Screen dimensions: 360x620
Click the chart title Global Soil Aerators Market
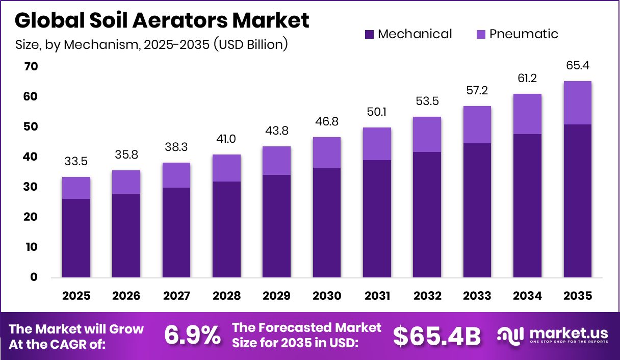click(x=162, y=21)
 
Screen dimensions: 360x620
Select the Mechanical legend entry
click(x=408, y=34)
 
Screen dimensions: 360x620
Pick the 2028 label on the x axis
click(x=227, y=296)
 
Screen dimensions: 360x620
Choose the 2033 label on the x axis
click(x=477, y=296)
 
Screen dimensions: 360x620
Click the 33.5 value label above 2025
click(x=76, y=162)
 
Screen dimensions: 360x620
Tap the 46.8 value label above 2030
click(x=327, y=122)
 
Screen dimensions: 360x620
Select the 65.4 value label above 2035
click(x=577, y=66)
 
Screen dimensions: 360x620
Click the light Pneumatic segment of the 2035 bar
click(x=577, y=102)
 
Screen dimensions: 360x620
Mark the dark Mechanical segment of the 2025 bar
click(x=76, y=238)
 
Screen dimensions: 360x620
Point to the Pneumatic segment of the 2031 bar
click(x=377, y=144)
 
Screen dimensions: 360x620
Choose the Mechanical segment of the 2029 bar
click(x=277, y=226)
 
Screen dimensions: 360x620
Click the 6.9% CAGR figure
click(x=192, y=336)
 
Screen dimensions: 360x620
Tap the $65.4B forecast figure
click(x=437, y=336)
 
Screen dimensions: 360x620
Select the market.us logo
click(x=553, y=335)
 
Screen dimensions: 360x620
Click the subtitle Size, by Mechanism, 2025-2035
click(x=152, y=45)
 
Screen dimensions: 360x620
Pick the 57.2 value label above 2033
click(x=477, y=91)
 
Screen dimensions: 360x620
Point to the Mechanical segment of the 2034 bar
click(x=527, y=206)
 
